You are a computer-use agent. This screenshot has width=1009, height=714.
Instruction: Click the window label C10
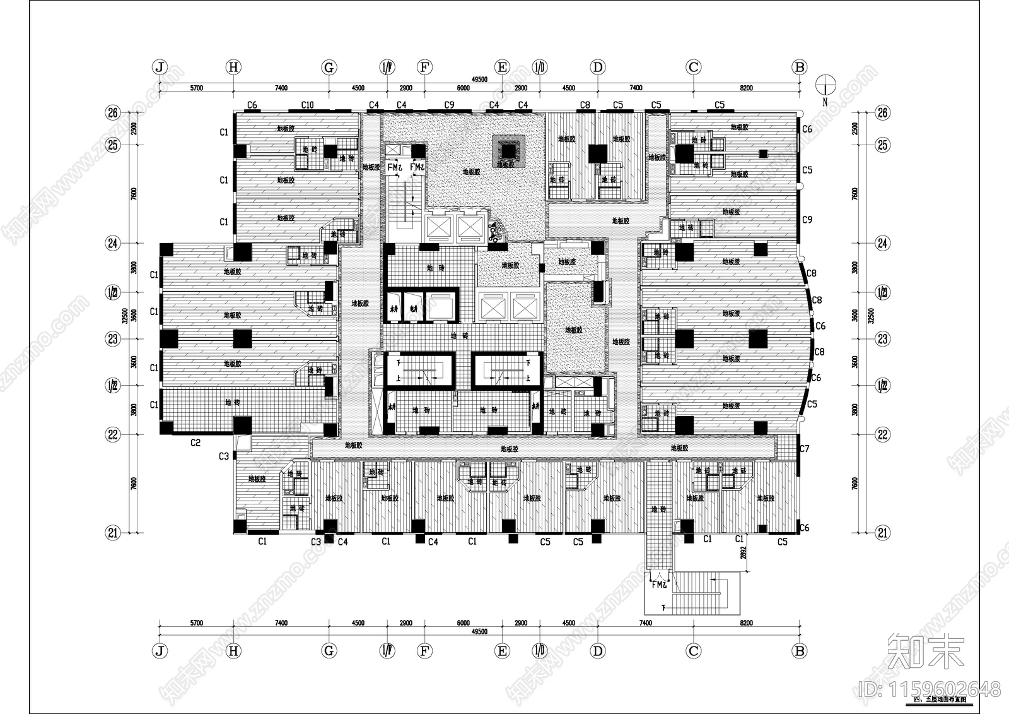(x=307, y=105)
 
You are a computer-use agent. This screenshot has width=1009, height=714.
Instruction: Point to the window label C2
(x=195, y=443)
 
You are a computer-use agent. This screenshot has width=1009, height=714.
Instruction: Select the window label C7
(x=804, y=449)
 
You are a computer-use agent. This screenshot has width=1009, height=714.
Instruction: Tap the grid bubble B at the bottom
(x=800, y=651)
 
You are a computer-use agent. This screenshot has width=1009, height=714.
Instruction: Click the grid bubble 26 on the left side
(x=113, y=113)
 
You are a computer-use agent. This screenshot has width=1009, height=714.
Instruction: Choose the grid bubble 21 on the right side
(x=883, y=533)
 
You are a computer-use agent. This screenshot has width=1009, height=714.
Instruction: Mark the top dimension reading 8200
(x=746, y=88)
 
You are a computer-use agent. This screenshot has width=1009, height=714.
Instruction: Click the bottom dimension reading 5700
(x=195, y=623)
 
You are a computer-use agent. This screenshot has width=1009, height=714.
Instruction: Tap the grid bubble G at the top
(x=328, y=67)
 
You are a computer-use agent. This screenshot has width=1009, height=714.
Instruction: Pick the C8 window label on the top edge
(x=585, y=105)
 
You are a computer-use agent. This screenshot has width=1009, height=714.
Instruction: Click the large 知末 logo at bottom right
(x=926, y=650)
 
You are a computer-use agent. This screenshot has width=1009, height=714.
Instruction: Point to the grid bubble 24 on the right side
(x=883, y=243)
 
